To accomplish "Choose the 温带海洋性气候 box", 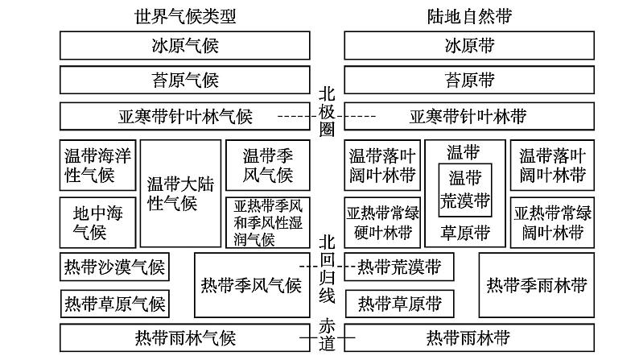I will (89, 165).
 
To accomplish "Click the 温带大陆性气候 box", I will (171, 193).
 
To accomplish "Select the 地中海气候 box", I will (89, 223).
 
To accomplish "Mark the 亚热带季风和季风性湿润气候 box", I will (266, 223).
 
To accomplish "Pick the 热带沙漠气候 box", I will (113, 267).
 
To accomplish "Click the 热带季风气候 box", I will (250, 285).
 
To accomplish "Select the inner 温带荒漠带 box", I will (465, 188).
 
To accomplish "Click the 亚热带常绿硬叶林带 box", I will (382, 223).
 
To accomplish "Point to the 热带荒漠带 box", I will (399, 267).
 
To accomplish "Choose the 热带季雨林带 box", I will (537, 285).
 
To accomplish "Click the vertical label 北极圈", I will (326, 113).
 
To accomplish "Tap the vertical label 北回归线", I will (326, 270).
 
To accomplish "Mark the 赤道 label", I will (326, 335).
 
